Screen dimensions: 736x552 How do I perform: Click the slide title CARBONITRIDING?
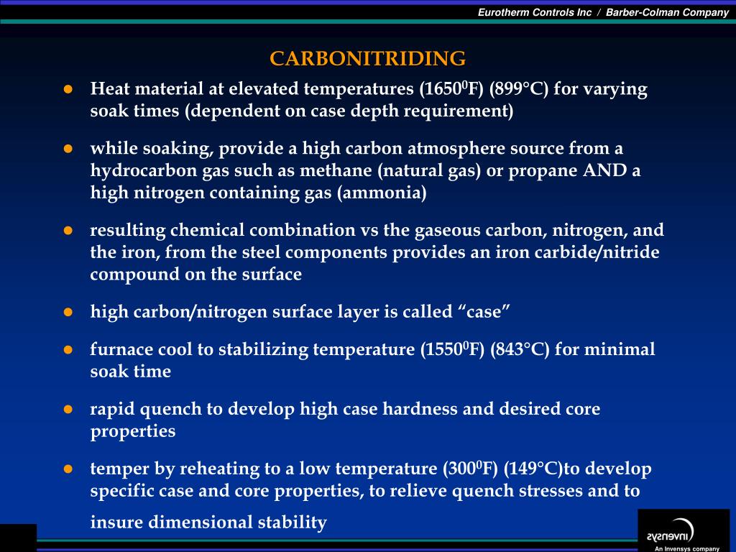(367, 58)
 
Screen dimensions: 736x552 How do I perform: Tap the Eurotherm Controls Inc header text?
(535, 13)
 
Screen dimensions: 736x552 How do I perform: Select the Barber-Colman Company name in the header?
(667, 13)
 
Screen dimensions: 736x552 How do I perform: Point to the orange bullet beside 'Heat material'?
(68, 89)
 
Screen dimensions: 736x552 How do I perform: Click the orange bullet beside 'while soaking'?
(68, 149)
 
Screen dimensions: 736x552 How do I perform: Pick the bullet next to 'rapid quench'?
(68, 409)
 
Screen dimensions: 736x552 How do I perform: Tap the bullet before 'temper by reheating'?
(68, 469)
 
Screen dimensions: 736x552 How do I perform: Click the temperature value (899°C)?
(519, 88)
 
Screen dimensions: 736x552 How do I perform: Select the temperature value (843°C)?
(519, 349)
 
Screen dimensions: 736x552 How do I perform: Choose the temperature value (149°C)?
(533, 469)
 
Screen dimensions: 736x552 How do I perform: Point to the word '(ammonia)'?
(382, 193)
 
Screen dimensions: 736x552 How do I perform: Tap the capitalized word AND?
(604, 170)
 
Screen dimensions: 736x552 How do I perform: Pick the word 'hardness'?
(420, 409)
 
